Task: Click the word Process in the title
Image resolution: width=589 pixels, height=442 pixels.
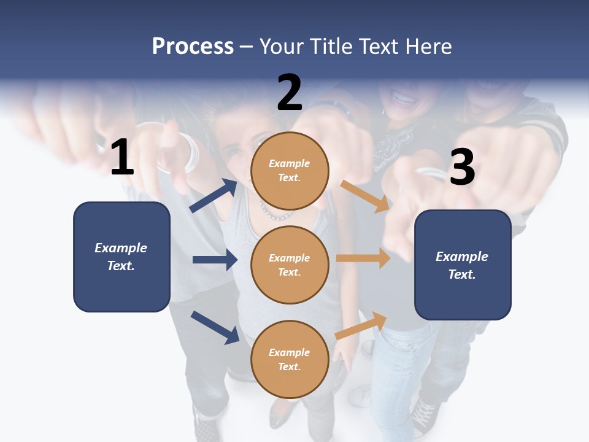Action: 193,47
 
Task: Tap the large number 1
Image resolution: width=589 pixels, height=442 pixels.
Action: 123,157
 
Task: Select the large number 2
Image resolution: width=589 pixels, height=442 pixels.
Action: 289,93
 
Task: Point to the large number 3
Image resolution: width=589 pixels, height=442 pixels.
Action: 462,166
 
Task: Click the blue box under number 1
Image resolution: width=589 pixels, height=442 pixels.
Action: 121,257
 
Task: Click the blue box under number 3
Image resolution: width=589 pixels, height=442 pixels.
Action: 463,265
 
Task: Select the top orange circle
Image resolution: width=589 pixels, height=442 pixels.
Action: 290,171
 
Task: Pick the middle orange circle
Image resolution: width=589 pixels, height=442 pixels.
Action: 290,265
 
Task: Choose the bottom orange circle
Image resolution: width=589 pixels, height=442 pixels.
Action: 290,359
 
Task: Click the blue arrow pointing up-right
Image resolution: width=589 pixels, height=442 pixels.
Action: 214,195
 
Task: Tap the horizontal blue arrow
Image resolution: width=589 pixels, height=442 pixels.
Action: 215,260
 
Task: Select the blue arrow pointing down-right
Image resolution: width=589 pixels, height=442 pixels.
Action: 215,327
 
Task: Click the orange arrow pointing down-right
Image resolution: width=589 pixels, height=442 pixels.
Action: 364,196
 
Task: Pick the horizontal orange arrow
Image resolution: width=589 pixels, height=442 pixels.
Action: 363,258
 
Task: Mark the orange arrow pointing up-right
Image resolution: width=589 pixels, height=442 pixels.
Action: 361,326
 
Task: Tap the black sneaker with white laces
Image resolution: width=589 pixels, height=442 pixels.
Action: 424,416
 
